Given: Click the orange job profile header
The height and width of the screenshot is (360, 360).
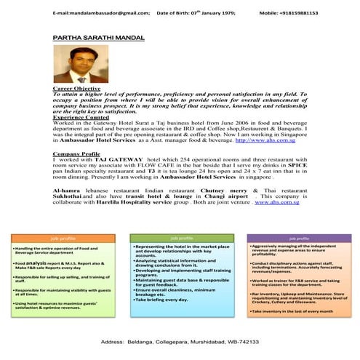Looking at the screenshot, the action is click(63, 238).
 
